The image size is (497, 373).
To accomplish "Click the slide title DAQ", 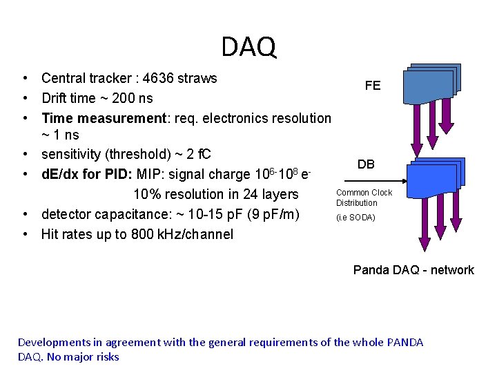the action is tap(248, 46).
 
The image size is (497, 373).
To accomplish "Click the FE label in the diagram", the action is tap(373, 86).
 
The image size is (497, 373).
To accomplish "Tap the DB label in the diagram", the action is tap(366, 164).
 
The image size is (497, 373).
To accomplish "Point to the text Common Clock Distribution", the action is tap(364, 198).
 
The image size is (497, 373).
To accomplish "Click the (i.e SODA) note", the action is tap(355, 218).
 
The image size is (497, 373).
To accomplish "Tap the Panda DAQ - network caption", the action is tap(413, 270).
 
